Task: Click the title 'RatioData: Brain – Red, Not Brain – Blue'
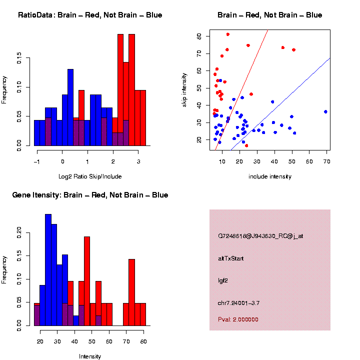pyautogui.click(x=90, y=15)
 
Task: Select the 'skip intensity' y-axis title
pyautogui.click(x=184, y=89)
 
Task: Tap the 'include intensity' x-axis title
pyautogui.click(x=270, y=176)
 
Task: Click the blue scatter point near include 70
pyautogui.click(x=325, y=111)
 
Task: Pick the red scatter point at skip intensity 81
pyautogui.click(x=228, y=34)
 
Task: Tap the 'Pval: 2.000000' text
pyautogui.click(x=238, y=319)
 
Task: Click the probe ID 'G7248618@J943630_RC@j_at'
pyautogui.click(x=260, y=236)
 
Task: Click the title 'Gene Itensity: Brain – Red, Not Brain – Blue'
pyautogui.click(x=90, y=195)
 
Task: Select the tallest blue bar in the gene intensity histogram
pyautogui.click(x=48, y=270)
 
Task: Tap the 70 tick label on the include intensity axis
pyautogui.click(x=326, y=161)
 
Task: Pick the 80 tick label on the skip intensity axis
pyautogui.click(x=199, y=36)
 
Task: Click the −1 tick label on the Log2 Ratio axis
pyautogui.click(x=36, y=161)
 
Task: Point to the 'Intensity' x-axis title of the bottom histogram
pyautogui.click(x=90, y=356)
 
